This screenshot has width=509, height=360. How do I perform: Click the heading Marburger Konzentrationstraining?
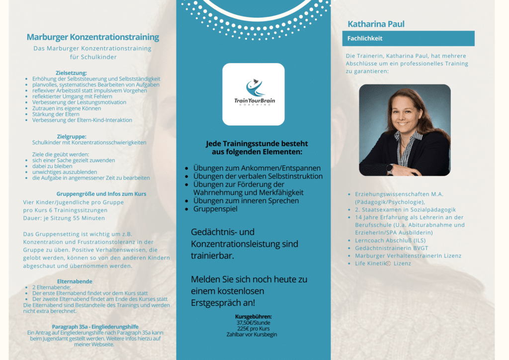click(93, 37)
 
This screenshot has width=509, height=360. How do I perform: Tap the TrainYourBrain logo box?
click(254, 94)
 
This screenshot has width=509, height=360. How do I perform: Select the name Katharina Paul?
click(376, 24)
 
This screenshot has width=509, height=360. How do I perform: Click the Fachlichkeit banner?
click(408, 38)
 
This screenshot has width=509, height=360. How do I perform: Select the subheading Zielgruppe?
click(72, 136)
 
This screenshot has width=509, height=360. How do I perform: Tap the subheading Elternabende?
click(75, 281)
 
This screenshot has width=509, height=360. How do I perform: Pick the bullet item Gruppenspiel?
click(215, 209)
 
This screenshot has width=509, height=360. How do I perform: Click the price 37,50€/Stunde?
click(254, 323)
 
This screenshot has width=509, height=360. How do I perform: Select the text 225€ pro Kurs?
click(254, 329)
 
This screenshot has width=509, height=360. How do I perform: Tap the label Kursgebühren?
click(254, 317)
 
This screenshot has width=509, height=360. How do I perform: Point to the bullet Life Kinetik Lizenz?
click(383, 263)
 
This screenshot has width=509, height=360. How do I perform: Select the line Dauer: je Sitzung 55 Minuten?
click(64, 218)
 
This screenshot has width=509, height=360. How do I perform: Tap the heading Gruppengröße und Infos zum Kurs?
click(101, 194)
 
